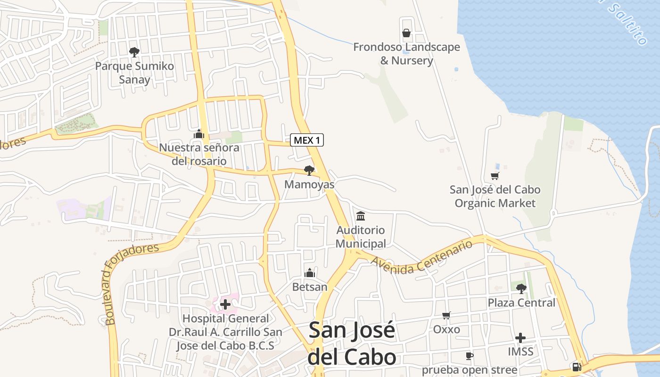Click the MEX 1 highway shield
307,140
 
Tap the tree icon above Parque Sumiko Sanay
134,52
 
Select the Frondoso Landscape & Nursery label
406,54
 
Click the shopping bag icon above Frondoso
406,33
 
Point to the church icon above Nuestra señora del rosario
199,134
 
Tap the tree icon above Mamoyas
309,170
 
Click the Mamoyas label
309,184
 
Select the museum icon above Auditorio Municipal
361,216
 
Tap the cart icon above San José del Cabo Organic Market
495,176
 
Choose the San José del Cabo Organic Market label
495,197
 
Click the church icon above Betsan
310,273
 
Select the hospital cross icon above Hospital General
225,304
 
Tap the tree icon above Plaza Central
521,288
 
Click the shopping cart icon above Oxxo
446,315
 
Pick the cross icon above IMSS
520,338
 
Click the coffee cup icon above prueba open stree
469,356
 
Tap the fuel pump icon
576,367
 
